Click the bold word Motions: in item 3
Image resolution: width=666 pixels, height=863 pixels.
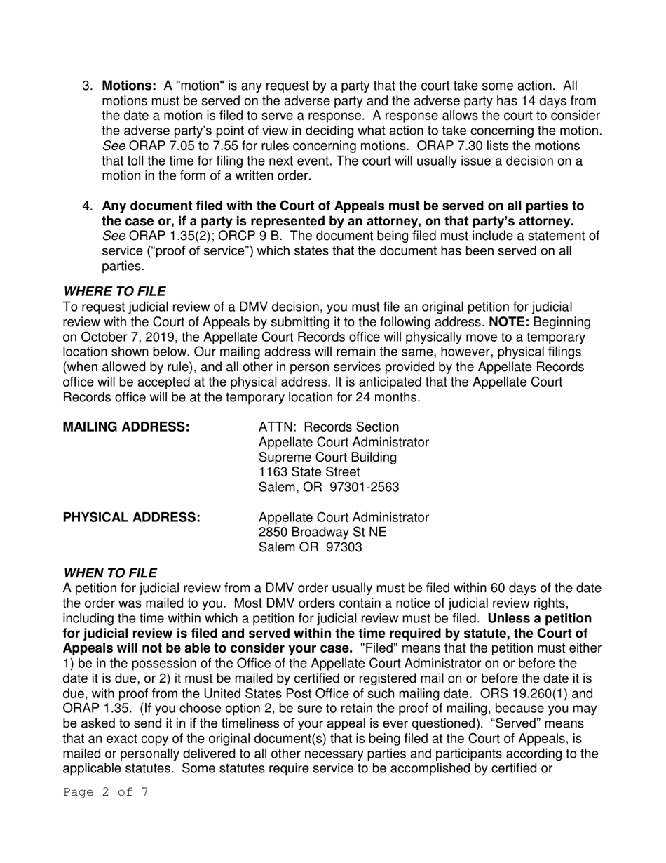click(x=129, y=86)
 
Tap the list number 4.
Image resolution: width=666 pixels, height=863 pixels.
click(x=88, y=206)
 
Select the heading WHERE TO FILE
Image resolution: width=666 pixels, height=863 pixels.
click(x=114, y=291)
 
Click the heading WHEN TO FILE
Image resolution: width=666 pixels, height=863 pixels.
click(x=110, y=573)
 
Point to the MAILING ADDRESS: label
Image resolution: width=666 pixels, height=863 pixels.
click(x=126, y=427)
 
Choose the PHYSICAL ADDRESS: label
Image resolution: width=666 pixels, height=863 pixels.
click(x=132, y=517)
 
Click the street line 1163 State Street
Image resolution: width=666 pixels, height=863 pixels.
click(x=309, y=472)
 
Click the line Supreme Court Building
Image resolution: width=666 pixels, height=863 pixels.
click(x=327, y=457)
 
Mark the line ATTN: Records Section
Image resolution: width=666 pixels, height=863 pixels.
click(x=329, y=427)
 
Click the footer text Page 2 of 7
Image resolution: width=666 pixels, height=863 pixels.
click(x=105, y=793)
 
